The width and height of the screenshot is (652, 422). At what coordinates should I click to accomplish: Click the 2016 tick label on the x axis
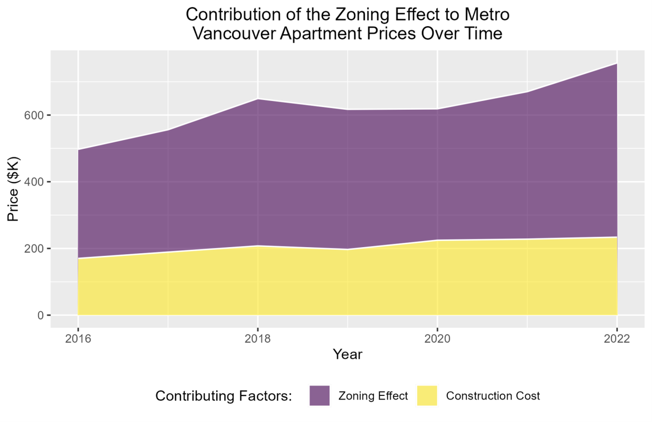(x=78, y=339)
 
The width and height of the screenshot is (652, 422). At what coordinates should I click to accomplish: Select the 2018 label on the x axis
(x=258, y=339)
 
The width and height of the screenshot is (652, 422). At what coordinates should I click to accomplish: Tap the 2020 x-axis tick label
(x=437, y=339)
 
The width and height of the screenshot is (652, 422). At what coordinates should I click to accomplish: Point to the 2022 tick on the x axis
(x=617, y=339)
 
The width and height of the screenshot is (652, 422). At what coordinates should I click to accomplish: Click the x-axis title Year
(x=347, y=355)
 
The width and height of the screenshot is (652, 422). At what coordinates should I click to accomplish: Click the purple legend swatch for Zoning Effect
(x=319, y=395)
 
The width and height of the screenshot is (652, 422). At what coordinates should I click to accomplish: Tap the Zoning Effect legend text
(x=373, y=396)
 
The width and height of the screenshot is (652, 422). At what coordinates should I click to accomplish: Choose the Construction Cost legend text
(x=493, y=396)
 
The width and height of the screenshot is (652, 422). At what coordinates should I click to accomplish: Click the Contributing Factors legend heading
(x=224, y=396)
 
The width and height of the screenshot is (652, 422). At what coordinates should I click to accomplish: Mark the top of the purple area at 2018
(x=258, y=99)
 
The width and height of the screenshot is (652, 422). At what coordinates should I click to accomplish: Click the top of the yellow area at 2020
(x=437, y=240)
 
